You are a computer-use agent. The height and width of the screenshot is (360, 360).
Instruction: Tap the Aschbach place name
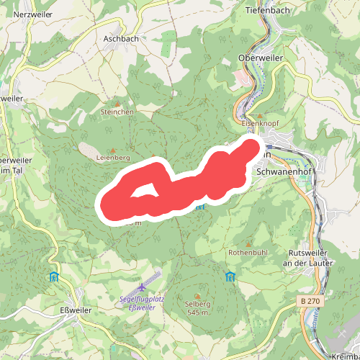[120, 39]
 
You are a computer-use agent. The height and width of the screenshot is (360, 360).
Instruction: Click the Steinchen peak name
[117, 112]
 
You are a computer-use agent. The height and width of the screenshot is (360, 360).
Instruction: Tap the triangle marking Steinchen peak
[117, 104]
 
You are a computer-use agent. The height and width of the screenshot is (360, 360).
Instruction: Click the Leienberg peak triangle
[112, 150]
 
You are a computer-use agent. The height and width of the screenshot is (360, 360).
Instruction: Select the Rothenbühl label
[248, 253]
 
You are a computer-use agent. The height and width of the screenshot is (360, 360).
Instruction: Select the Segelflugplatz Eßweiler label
[138, 303]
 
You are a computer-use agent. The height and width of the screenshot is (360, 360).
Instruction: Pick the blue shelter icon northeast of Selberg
[230, 277]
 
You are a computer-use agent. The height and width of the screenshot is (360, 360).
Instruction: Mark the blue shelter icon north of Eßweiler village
[54, 276]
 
